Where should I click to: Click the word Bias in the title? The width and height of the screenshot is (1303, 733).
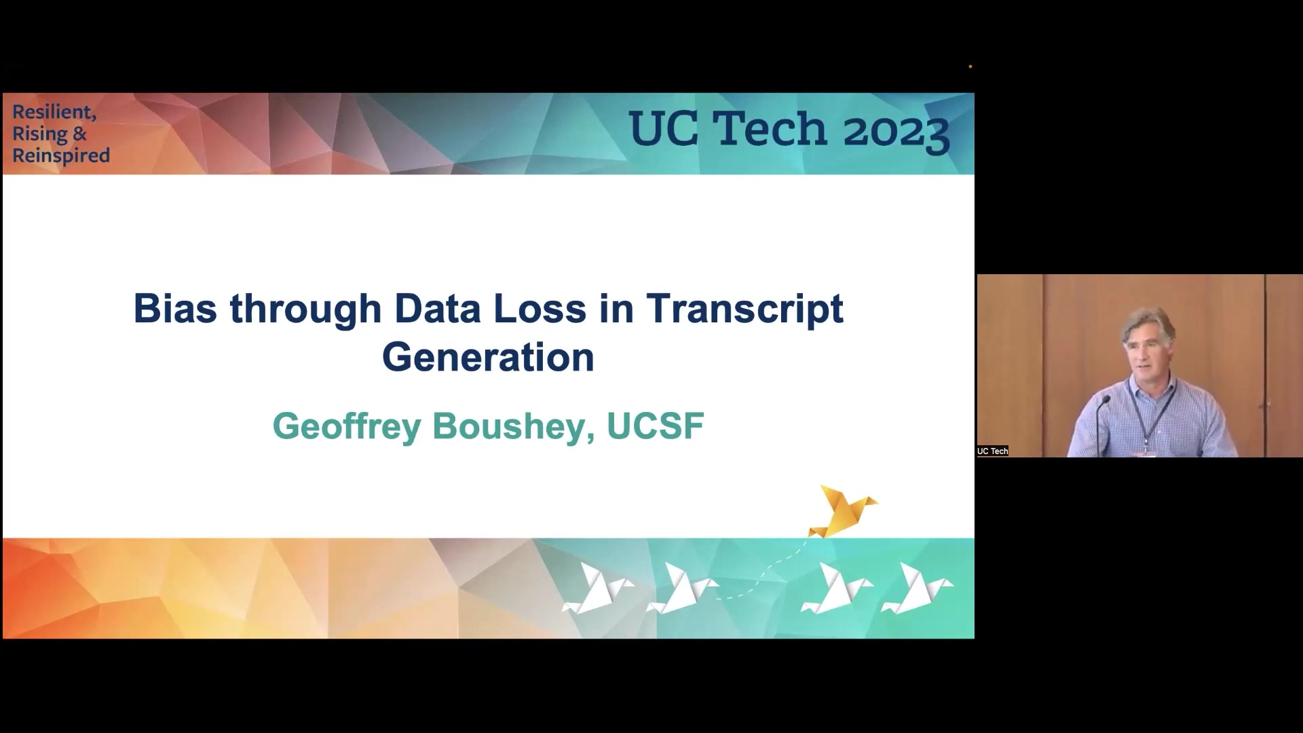click(x=175, y=308)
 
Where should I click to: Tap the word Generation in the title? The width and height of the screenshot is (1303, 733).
click(x=488, y=357)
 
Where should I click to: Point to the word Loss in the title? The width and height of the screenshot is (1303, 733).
click(x=540, y=308)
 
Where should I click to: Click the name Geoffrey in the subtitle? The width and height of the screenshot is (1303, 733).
click(x=347, y=427)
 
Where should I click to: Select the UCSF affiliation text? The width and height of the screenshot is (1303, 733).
click(x=655, y=426)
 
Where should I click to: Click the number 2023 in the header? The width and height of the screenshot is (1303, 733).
click(x=896, y=130)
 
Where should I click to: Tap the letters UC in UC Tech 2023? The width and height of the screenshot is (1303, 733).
click(x=663, y=128)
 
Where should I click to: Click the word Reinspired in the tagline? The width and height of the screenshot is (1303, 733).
click(x=61, y=156)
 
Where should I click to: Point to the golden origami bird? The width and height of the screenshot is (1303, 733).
click(x=843, y=511)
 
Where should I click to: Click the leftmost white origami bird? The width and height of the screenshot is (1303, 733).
click(x=597, y=588)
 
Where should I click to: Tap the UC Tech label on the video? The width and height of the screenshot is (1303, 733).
click(x=993, y=451)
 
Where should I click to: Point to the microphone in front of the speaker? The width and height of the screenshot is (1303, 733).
click(x=1101, y=409)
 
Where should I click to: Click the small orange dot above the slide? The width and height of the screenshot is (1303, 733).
click(x=970, y=67)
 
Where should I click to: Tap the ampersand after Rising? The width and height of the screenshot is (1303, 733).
click(x=80, y=134)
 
